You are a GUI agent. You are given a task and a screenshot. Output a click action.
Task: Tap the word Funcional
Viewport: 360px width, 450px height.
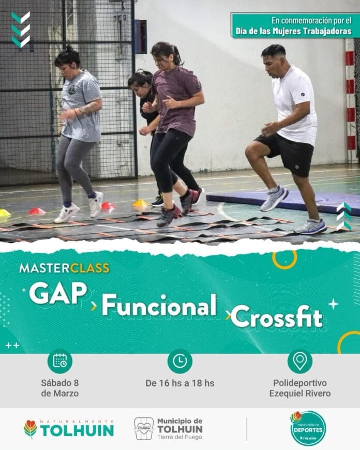pyautogui.click(x=159, y=305)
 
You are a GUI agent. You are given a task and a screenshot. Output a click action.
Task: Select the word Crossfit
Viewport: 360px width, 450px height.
pyautogui.click(x=277, y=317)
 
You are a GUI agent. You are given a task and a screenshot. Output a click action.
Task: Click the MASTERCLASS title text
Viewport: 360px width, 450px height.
pyautogui.click(x=64, y=268)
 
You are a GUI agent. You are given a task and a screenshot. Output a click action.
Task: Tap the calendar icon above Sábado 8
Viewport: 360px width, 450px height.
pyautogui.click(x=59, y=361)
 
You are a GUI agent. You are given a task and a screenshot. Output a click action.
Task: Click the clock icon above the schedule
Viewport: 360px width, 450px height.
pyautogui.click(x=179, y=361)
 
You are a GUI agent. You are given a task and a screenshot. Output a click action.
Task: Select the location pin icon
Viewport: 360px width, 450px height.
pyautogui.click(x=299, y=361)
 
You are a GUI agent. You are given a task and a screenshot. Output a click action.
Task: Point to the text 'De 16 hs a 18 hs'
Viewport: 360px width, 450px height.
pyautogui.click(x=180, y=383)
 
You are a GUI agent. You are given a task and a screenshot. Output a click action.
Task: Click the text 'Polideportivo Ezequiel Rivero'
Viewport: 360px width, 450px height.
pyautogui.click(x=300, y=388)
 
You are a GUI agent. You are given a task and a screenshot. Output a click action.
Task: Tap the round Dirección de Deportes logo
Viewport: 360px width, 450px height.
pyautogui.click(x=308, y=428)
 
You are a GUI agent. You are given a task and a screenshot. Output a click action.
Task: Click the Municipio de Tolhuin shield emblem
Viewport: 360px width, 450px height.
pyautogui.click(x=144, y=429)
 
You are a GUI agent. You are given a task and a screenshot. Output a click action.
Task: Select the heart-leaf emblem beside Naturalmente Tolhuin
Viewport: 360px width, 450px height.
pyautogui.click(x=31, y=429)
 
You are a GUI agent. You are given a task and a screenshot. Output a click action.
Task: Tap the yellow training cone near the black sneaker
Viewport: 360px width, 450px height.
pyautogui.click(x=141, y=203)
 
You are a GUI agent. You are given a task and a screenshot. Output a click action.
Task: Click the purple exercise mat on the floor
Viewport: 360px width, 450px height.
pyautogui.click(x=283, y=201)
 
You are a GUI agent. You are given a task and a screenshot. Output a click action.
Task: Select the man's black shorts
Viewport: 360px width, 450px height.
pyautogui.click(x=288, y=153)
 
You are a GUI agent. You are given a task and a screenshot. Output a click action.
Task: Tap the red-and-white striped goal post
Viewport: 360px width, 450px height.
pyautogui.click(x=350, y=100)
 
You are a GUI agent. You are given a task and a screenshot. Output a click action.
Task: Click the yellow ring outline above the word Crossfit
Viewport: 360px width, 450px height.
pyautogui.click(x=284, y=260)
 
